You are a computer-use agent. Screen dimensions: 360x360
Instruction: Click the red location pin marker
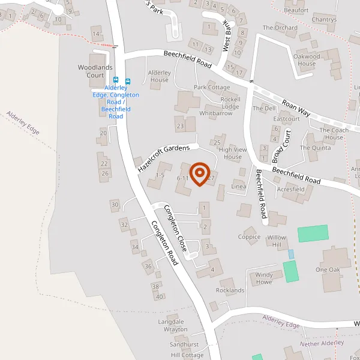click(x=199, y=175)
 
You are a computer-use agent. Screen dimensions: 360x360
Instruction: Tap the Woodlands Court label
click(x=95, y=71)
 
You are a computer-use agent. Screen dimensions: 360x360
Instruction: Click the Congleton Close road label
click(x=176, y=229)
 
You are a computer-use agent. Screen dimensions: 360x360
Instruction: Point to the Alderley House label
click(x=159, y=76)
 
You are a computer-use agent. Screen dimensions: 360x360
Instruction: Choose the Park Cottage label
click(x=212, y=88)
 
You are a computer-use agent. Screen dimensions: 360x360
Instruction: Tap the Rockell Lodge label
click(x=230, y=103)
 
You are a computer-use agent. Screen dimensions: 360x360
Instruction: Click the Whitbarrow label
click(x=215, y=113)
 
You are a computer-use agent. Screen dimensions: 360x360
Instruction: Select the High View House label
click(x=230, y=153)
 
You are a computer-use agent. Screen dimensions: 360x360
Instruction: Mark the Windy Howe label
click(x=264, y=279)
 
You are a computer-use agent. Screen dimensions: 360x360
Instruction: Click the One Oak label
click(x=328, y=270)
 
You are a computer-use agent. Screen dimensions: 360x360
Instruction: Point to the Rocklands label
click(x=230, y=290)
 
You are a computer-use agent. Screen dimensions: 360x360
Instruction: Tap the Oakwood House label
click(x=307, y=60)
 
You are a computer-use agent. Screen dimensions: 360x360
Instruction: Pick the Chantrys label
click(x=324, y=20)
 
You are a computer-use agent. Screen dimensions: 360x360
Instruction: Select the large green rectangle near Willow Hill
click(x=313, y=233)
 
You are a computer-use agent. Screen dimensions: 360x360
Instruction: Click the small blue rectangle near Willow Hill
click(x=292, y=254)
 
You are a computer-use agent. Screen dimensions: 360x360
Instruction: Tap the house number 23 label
click(x=179, y=126)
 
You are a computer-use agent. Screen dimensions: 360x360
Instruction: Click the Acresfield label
click(x=291, y=189)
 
